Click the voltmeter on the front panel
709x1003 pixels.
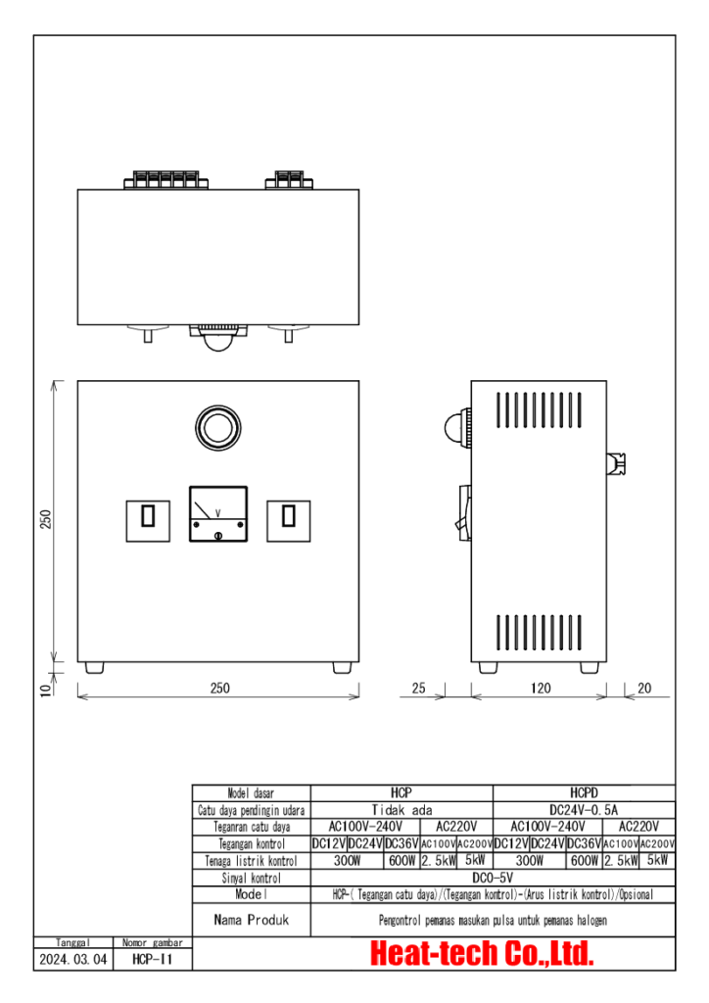point(218,513)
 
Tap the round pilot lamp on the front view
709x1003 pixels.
point(218,427)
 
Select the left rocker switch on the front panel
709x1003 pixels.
point(148,521)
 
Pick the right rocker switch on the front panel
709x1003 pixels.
point(288,521)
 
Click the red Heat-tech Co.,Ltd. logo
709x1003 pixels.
point(482,954)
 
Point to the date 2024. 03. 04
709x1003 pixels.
point(72,960)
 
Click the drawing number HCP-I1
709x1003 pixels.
point(152,960)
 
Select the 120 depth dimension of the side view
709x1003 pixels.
point(541,689)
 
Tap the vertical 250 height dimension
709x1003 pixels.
point(45,519)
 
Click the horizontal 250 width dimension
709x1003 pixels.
point(220,689)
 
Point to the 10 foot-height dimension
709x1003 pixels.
point(45,691)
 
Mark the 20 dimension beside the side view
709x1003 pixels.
point(644,689)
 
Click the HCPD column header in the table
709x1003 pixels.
point(584,793)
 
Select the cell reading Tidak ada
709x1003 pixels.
point(402,810)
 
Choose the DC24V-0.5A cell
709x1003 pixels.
point(584,810)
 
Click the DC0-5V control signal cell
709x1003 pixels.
point(493,878)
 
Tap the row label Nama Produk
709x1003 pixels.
point(252,920)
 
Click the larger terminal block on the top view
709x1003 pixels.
point(166,180)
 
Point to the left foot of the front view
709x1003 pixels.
point(95,667)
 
